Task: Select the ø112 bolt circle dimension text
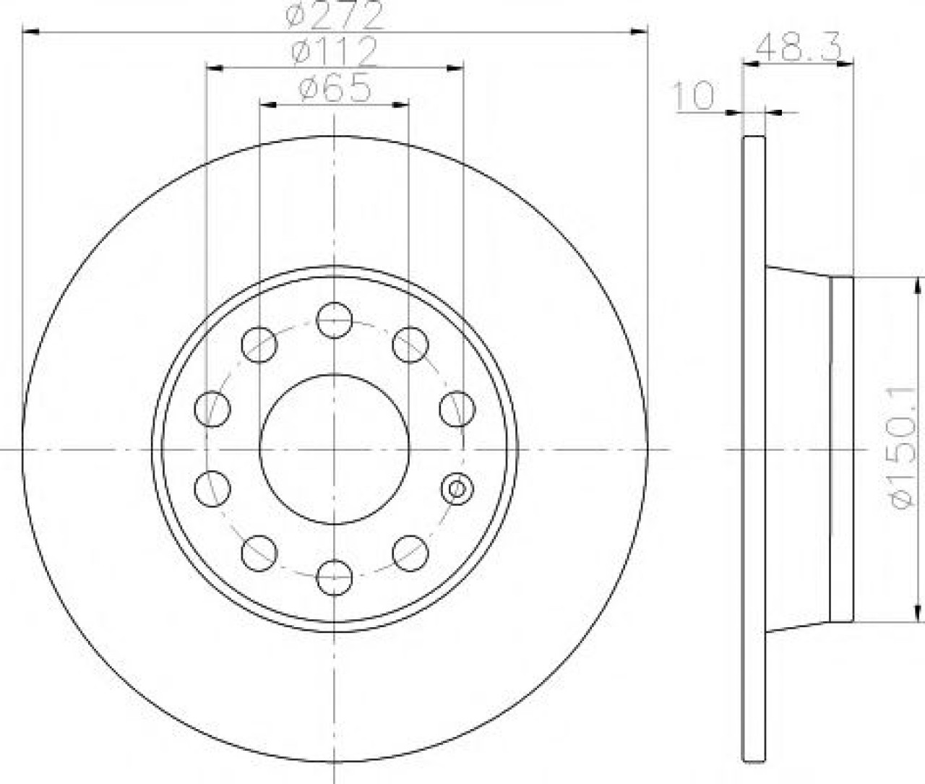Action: (x=333, y=51)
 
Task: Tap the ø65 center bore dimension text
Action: (x=335, y=87)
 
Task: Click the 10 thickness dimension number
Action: (x=693, y=96)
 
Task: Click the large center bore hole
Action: (x=335, y=449)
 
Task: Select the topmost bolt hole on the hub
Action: (x=335, y=320)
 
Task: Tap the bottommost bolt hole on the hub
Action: (x=335, y=578)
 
